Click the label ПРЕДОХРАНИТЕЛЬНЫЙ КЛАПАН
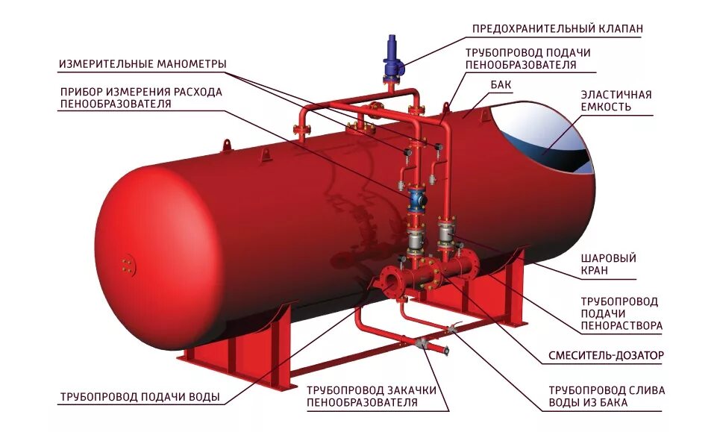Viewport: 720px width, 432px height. [557, 29]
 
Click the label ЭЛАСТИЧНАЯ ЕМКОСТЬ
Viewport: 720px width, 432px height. [616, 101]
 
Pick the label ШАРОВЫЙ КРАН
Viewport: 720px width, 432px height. [608, 265]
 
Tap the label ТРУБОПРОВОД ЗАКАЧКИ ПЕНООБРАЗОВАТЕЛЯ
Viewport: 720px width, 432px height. [371, 396]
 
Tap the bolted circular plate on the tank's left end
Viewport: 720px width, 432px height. [128, 264]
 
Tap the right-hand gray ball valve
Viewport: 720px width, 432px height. [447, 234]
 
